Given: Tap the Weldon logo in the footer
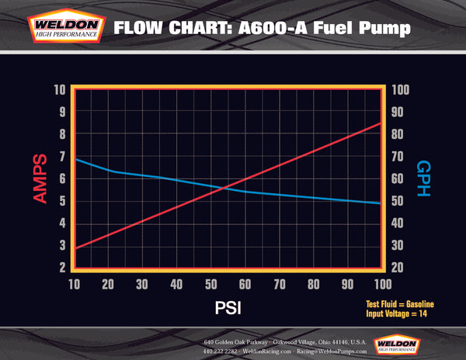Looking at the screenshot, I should tap(399, 344).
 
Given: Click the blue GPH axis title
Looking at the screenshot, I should tap(423, 178).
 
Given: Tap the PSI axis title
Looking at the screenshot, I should tap(228, 307).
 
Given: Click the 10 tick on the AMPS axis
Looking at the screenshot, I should tap(60, 89).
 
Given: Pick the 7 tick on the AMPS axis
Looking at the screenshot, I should tap(61, 157).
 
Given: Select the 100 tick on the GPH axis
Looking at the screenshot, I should tap(399, 89).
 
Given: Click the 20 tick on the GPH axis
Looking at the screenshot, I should tap(397, 268).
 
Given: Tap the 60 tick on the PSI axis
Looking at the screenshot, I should tap(245, 284).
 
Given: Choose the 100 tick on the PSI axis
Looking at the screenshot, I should tap(381, 284).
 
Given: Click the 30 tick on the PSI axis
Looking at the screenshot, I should tap(142, 284).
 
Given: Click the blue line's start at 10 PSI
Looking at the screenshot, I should tap(75, 159).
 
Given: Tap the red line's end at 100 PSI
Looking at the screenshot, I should tap(381, 123).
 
